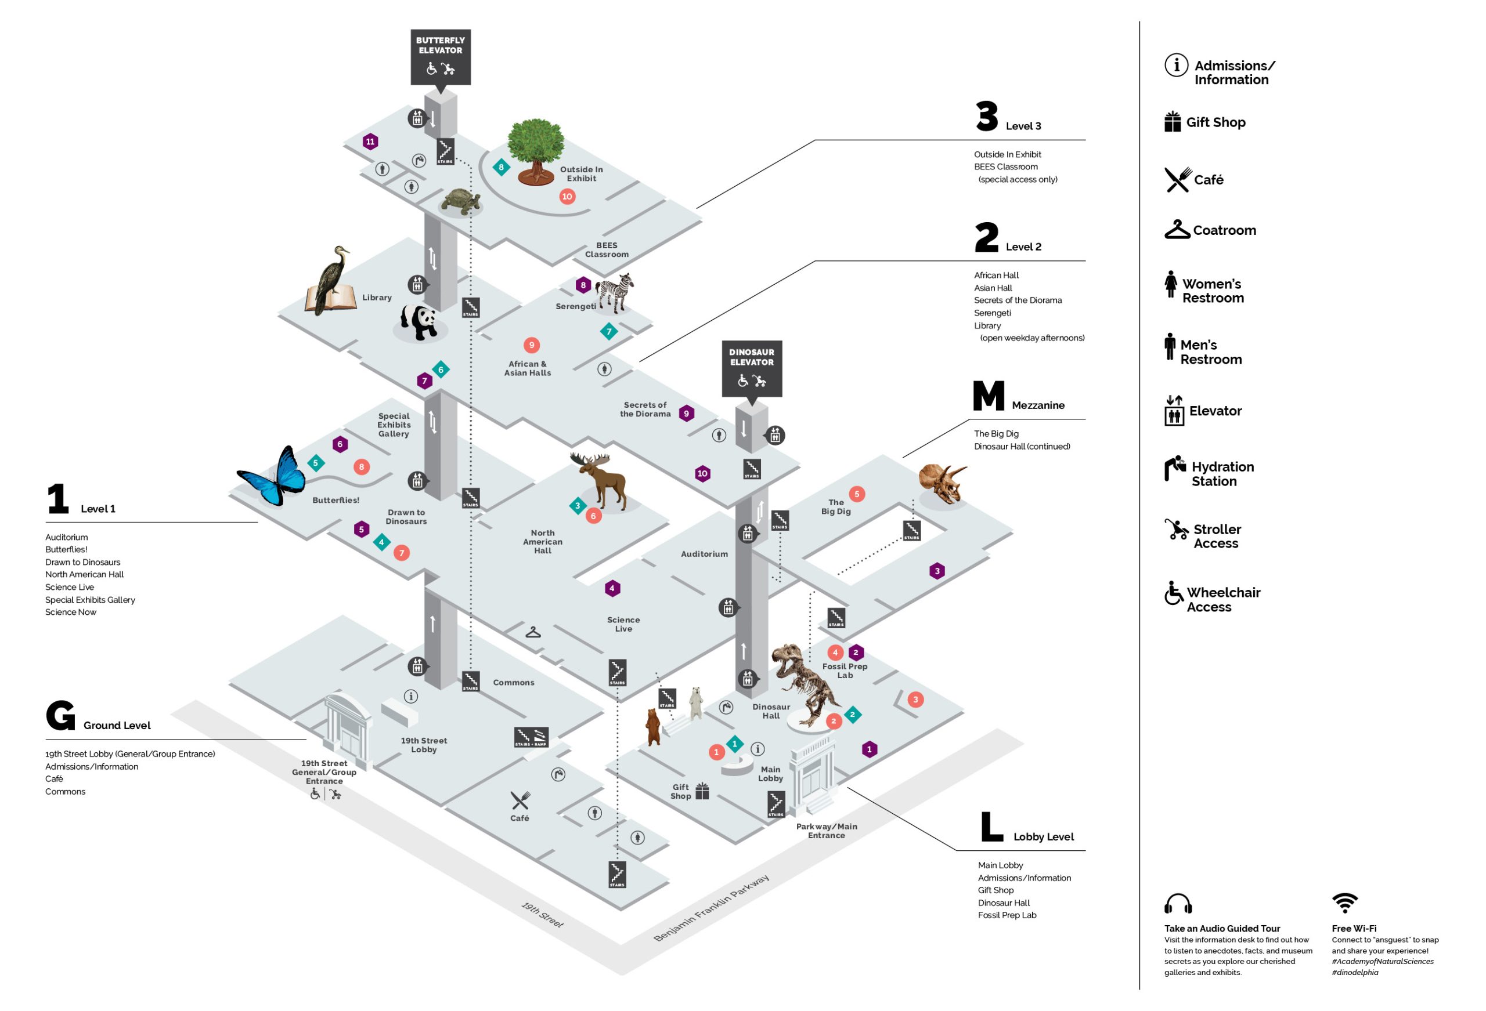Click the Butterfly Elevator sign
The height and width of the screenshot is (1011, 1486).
coord(440,56)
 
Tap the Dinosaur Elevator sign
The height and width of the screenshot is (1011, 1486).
coord(751,368)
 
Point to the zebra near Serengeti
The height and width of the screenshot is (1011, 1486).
coord(615,292)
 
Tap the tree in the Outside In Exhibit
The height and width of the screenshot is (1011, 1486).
coord(536,150)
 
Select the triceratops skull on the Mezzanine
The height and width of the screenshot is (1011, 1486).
coord(943,484)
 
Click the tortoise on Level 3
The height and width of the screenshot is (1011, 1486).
coord(460,201)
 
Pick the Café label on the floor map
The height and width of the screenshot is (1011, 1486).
coord(519,818)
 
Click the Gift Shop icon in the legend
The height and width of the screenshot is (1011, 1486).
coord(1172,121)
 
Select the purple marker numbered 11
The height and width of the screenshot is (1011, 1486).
coord(370,142)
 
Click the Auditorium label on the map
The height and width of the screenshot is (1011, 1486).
coord(704,554)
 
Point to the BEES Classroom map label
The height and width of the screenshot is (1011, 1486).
coord(606,250)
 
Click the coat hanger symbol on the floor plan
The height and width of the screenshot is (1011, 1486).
coord(533,633)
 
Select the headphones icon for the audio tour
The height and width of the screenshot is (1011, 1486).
coord(1178,904)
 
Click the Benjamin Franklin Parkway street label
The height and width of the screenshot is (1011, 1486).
coord(710,908)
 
